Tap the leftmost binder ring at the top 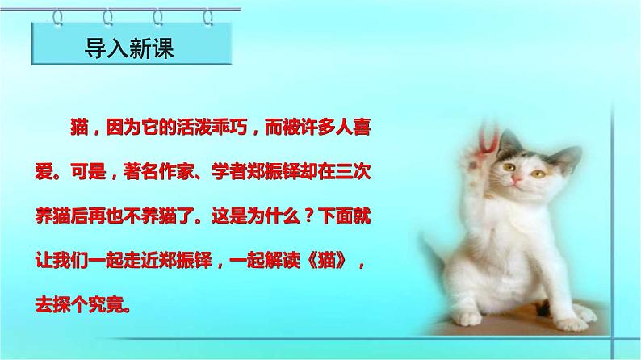(37, 14)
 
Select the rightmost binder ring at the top (209, 14)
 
